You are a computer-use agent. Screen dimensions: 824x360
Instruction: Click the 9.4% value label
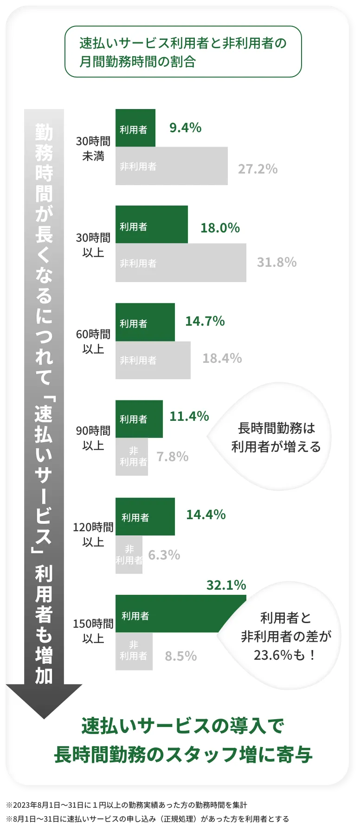[185, 128]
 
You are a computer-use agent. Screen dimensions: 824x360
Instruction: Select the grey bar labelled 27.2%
[171, 166]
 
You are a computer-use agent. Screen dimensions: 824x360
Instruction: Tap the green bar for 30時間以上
[151, 225]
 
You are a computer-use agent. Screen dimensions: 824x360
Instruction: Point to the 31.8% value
[276, 262]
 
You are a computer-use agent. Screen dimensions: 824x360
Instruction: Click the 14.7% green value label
[205, 321]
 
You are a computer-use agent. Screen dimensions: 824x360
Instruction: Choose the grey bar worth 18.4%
[153, 360]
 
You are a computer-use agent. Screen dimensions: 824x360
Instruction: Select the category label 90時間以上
[93, 438]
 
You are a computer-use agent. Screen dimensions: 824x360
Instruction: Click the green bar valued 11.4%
[139, 419]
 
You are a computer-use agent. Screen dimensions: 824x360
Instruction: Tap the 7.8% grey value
[172, 457]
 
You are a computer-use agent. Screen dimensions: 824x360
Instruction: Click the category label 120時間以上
[93, 534]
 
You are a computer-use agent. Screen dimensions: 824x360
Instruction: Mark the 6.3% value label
[164, 555]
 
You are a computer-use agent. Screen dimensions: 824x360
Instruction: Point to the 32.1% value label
[226, 585]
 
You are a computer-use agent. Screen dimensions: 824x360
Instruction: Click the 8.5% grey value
[180, 656]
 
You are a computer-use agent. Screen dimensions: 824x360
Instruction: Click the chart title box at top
[183, 52]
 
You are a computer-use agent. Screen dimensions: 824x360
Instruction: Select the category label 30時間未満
[93, 148]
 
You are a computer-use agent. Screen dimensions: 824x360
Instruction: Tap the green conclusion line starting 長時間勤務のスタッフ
[183, 755]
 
